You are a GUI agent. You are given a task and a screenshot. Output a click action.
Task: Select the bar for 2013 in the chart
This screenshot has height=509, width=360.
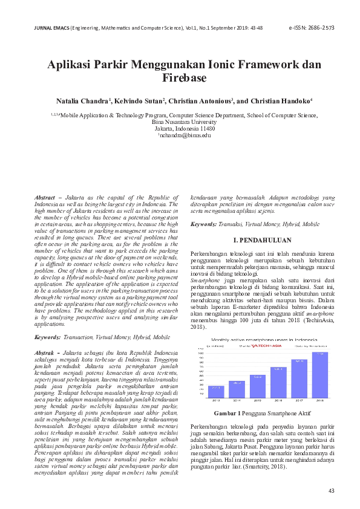(215, 391)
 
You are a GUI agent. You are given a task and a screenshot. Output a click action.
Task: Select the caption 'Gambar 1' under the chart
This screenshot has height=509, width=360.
(228, 413)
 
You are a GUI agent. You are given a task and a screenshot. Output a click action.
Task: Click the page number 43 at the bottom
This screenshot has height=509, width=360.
(330, 490)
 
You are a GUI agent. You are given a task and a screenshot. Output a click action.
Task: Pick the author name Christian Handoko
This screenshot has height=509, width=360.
(277, 101)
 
